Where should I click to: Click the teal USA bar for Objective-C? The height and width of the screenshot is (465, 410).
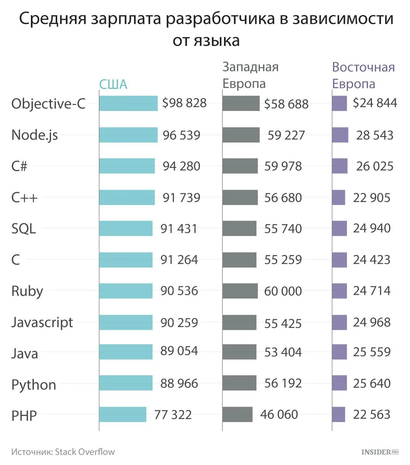point(128,103)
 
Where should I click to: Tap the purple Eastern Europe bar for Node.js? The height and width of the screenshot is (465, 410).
point(340,135)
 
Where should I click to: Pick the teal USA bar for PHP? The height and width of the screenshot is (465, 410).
point(123,414)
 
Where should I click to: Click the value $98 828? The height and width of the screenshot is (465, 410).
point(184,103)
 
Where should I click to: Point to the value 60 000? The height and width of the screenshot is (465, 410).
point(283,291)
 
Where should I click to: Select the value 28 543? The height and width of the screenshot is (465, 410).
point(375,135)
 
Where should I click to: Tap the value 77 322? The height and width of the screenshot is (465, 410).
point(173,415)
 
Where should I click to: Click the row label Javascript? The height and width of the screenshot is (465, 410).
point(42,322)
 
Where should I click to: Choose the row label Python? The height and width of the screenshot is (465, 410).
point(34,385)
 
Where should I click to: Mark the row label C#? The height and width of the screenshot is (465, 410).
point(19,166)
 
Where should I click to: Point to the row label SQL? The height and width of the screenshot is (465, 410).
point(23,229)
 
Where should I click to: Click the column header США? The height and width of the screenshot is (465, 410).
point(113,84)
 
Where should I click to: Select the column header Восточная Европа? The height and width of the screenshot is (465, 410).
point(363,75)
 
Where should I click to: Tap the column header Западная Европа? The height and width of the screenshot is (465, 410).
point(250,75)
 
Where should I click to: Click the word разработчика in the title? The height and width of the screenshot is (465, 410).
point(220,19)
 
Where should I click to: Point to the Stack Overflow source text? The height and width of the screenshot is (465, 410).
point(85,452)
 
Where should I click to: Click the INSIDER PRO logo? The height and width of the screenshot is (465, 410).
point(380,452)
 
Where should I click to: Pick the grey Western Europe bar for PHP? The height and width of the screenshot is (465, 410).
point(237,414)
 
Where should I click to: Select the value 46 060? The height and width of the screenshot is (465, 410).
point(279,415)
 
